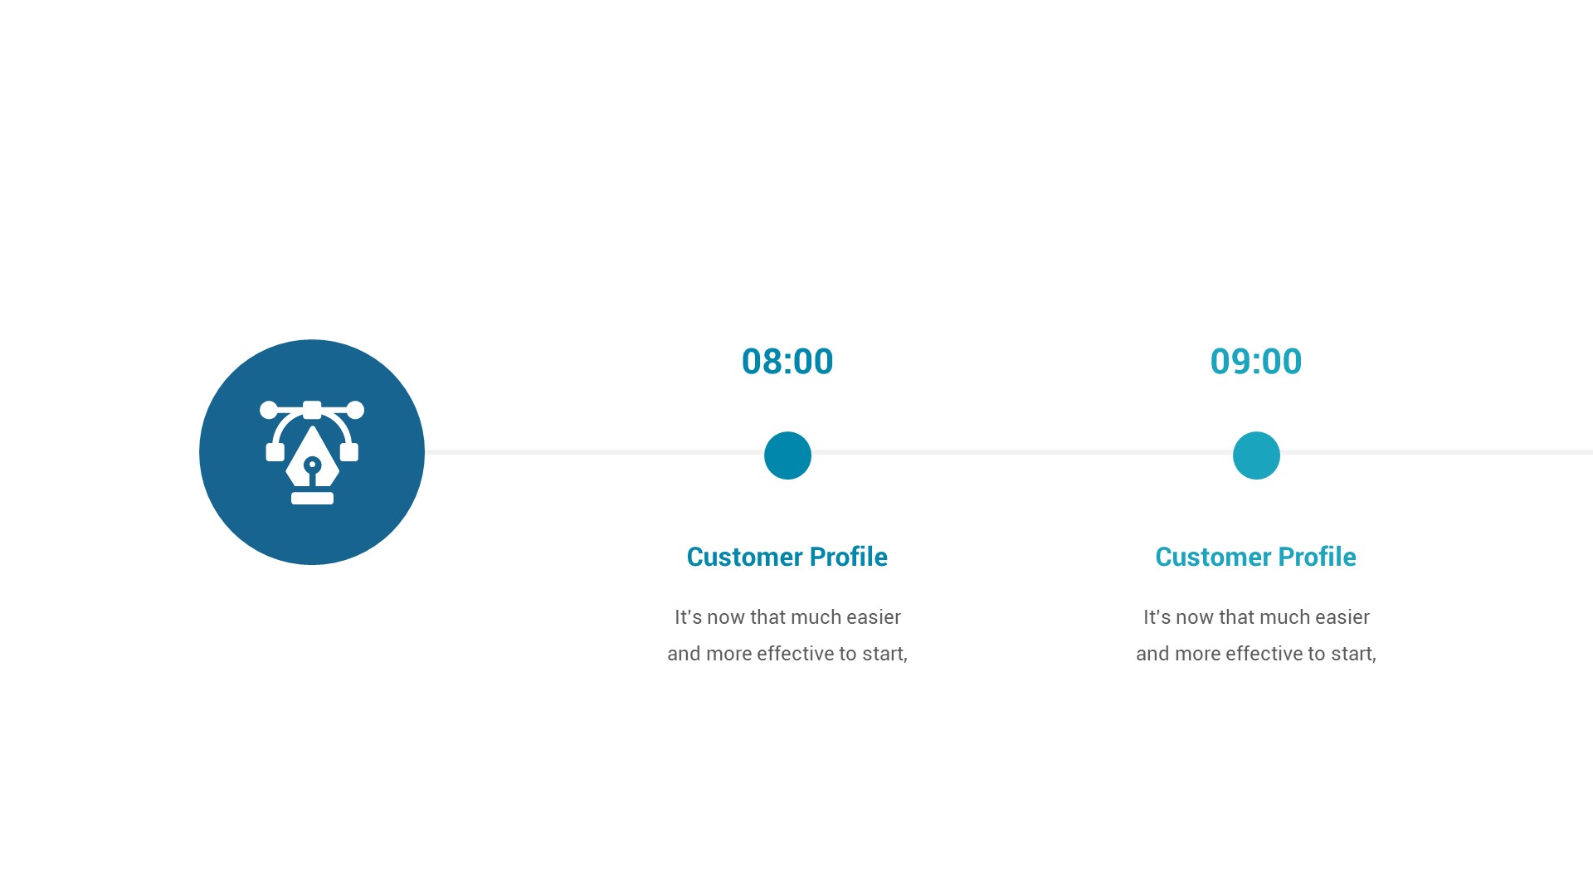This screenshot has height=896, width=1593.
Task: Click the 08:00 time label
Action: (x=787, y=362)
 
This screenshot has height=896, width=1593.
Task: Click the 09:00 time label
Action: (x=1255, y=362)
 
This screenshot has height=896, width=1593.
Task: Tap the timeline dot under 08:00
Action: (x=787, y=455)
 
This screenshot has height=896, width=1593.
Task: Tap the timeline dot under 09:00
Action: (x=1256, y=455)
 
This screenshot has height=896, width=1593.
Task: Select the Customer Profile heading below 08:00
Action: (x=787, y=557)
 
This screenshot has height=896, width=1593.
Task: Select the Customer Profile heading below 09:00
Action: (x=1255, y=557)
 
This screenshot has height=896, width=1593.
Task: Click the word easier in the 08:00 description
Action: (x=874, y=617)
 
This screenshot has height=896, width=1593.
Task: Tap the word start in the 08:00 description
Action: (x=883, y=654)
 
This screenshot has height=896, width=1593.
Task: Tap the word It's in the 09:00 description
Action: (x=1157, y=617)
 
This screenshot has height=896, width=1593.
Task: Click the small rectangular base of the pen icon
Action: (x=312, y=499)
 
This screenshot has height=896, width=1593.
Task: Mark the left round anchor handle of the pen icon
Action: (x=269, y=410)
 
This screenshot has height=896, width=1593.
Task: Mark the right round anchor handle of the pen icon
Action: (x=355, y=410)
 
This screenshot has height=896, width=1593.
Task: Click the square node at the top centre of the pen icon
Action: (x=312, y=409)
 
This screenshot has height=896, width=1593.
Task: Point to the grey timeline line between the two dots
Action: (x=1021, y=452)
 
